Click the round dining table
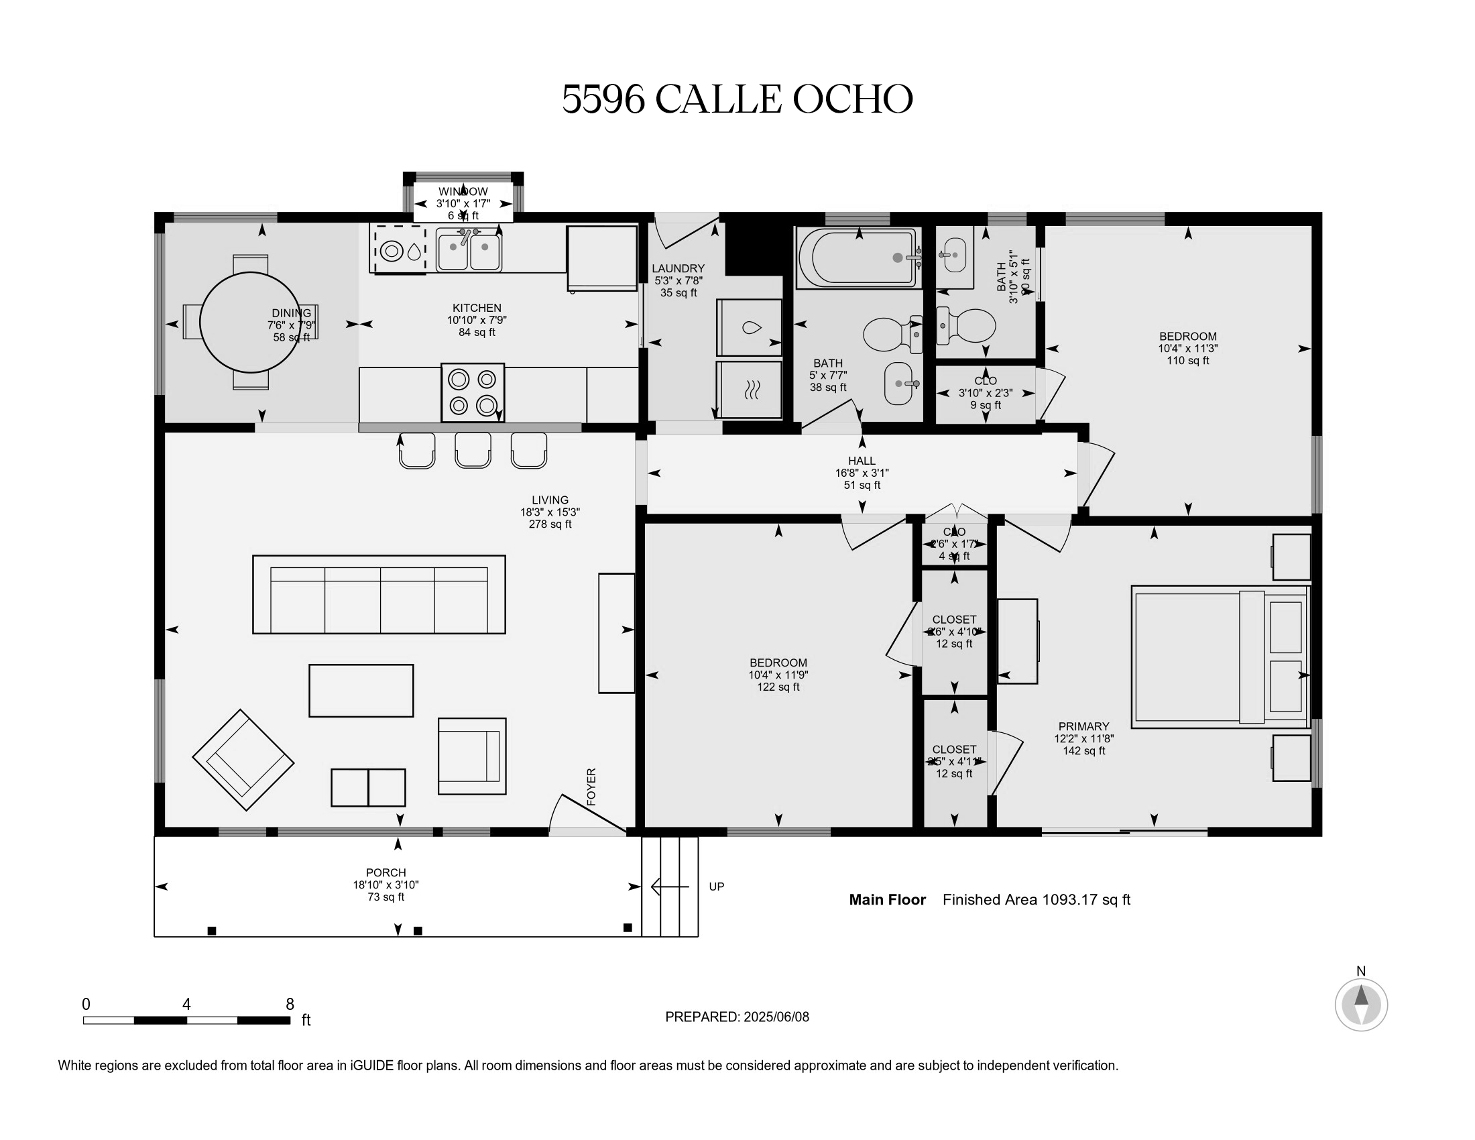[x=250, y=322]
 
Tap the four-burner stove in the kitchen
[x=473, y=392]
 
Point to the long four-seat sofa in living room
[x=379, y=594]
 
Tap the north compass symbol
[x=1361, y=1004]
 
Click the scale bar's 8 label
[x=290, y=1004]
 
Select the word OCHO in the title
[x=852, y=99]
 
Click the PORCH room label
[x=386, y=872]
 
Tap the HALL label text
[x=862, y=461]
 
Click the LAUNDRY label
[x=678, y=268]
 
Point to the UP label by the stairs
[x=717, y=886]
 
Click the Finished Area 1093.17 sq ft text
[x=1036, y=899]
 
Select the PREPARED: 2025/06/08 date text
[x=737, y=1017]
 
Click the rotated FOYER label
[x=591, y=787]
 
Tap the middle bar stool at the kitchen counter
[x=473, y=450]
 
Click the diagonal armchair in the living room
[x=243, y=760]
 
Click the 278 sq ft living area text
[x=550, y=524]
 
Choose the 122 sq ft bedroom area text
[x=778, y=687]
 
